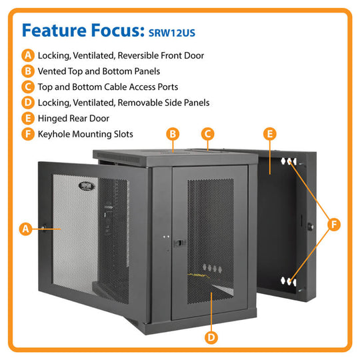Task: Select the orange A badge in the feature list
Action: click(x=28, y=56)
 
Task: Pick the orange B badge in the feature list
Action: click(x=28, y=71)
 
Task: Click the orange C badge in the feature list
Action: click(x=28, y=87)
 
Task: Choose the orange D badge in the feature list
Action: click(x=28, y=103)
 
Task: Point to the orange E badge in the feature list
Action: click(x=28, y=118)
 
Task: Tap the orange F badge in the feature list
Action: click(x=28, y=134)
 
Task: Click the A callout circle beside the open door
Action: click(x=25, y=229)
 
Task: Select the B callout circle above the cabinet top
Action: click(x=173, y=134)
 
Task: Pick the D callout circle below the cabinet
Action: click(x=211, y=337)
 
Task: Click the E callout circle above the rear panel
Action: click(x=269, y=134)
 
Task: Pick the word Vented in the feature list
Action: click(x=53, y=71)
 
